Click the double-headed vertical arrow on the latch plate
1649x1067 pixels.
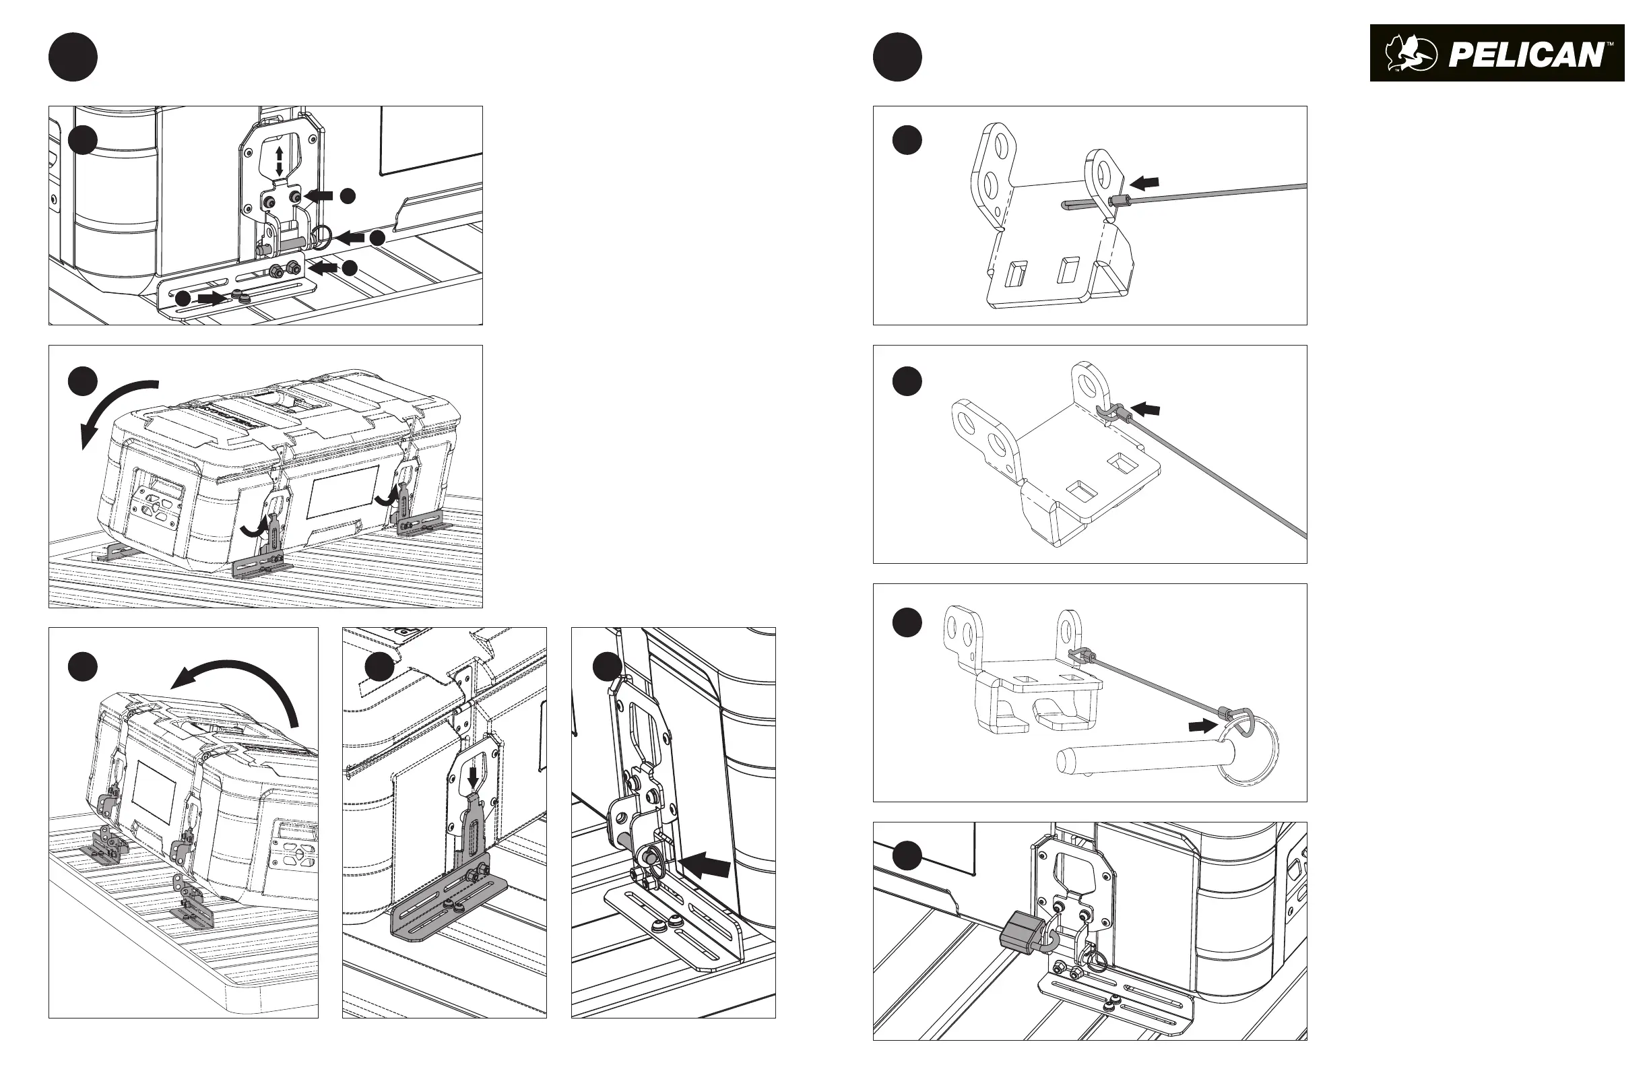point(280,160)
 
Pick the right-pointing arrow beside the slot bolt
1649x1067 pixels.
point(212,298)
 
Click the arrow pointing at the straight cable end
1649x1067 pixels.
point(1144,183)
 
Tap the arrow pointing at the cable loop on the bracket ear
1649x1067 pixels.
point(1146,410)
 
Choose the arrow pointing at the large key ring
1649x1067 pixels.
point(1202,725)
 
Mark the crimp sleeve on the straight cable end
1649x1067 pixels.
point(1116,201)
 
